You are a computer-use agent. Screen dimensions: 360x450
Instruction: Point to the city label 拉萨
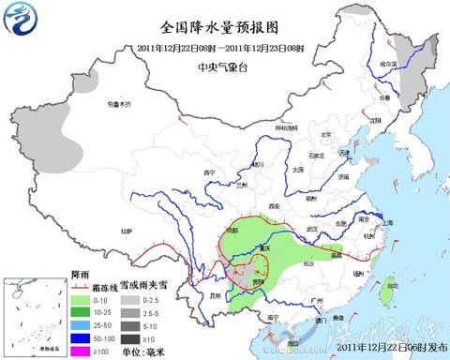126,231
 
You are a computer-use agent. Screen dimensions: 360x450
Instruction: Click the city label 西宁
211,173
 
